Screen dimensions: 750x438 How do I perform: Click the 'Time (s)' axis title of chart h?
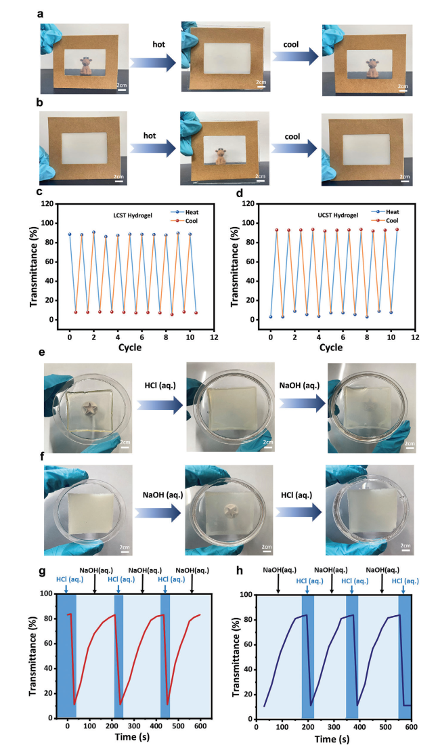[334, 740]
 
